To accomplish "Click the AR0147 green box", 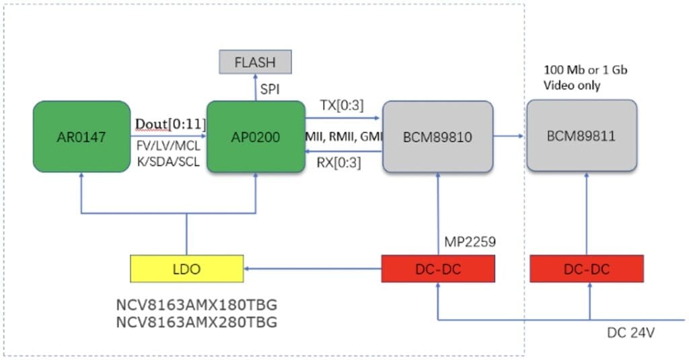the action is pos(81,137).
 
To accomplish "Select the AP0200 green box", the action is pos(256,137).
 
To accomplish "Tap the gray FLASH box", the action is pos(255,62).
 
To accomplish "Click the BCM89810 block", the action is pos(437,137).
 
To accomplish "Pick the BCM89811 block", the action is pos(582,136).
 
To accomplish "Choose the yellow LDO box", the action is pos(187,268).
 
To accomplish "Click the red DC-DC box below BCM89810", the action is pos(438,268).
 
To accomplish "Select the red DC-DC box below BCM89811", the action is pos(587,268).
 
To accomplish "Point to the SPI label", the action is pos(270,89).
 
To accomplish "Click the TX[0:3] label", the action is pos(342,106).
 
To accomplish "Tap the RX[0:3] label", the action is pos(339,163).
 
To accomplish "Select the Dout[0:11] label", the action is pos(170,124).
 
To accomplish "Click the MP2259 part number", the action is pos(470,242).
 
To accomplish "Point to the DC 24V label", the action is pos(630,332).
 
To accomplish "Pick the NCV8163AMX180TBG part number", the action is pos(197,305).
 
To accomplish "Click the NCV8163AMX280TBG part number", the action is pos(197,322).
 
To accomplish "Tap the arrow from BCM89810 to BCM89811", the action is pos(509,136).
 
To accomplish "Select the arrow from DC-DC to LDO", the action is pos(312,268).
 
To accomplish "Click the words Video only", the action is pos(572,85).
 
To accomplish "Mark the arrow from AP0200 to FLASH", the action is pos(255,87).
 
